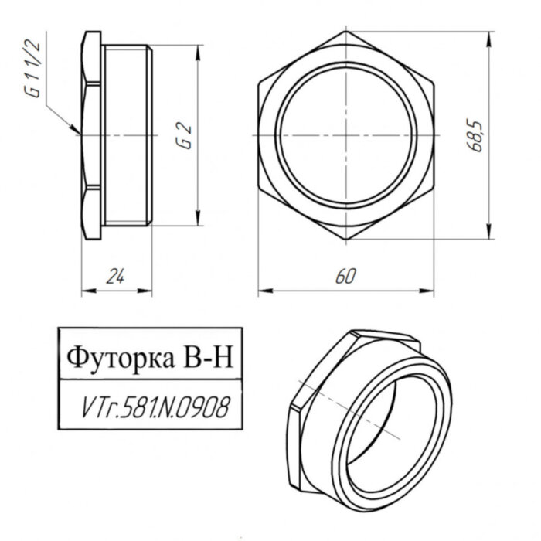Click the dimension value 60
coord(345,276)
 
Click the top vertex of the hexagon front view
coord(345,32)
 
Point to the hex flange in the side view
coord(91,136)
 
